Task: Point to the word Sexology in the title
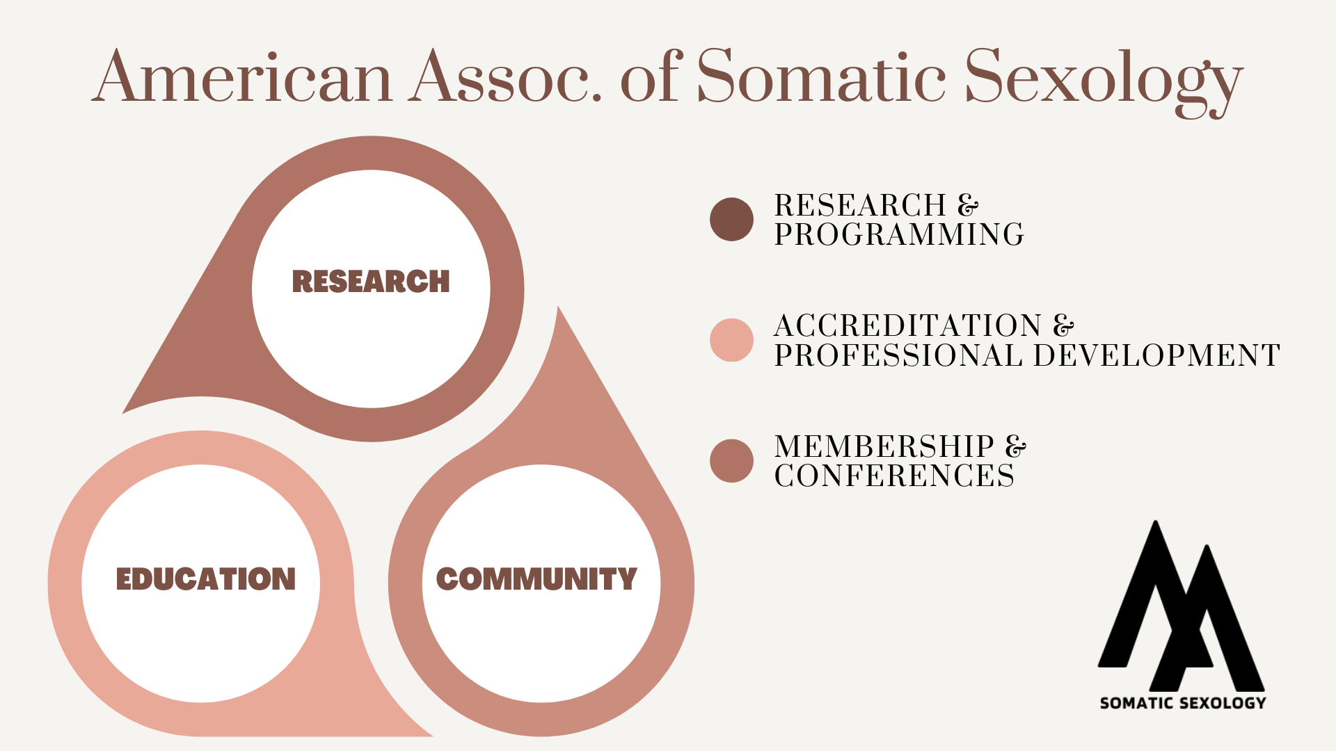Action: [x=1104, y=82]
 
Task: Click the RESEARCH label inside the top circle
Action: [x=371, y=282]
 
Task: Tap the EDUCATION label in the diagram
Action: [x=206, y=579]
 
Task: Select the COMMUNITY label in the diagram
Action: [x=536, y=579]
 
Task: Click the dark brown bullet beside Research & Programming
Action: [x=731, y=220]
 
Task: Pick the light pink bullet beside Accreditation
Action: [x=731, y=340]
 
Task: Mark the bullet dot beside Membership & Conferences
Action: [x=731, y=460]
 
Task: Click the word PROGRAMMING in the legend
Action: [x=899, y=234]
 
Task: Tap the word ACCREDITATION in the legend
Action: [x=908, y=325]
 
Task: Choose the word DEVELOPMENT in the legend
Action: [x=1156, y=355]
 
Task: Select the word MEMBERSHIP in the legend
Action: [x=884, y=446]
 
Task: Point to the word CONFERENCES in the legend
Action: [x=894, y=476]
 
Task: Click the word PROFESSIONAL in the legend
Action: [x=898, y=355]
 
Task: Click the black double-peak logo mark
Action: [x=1182, y=606]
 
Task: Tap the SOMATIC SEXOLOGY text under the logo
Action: [x=1183, y=703]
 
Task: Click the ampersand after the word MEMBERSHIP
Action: [x=1016, y=446]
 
